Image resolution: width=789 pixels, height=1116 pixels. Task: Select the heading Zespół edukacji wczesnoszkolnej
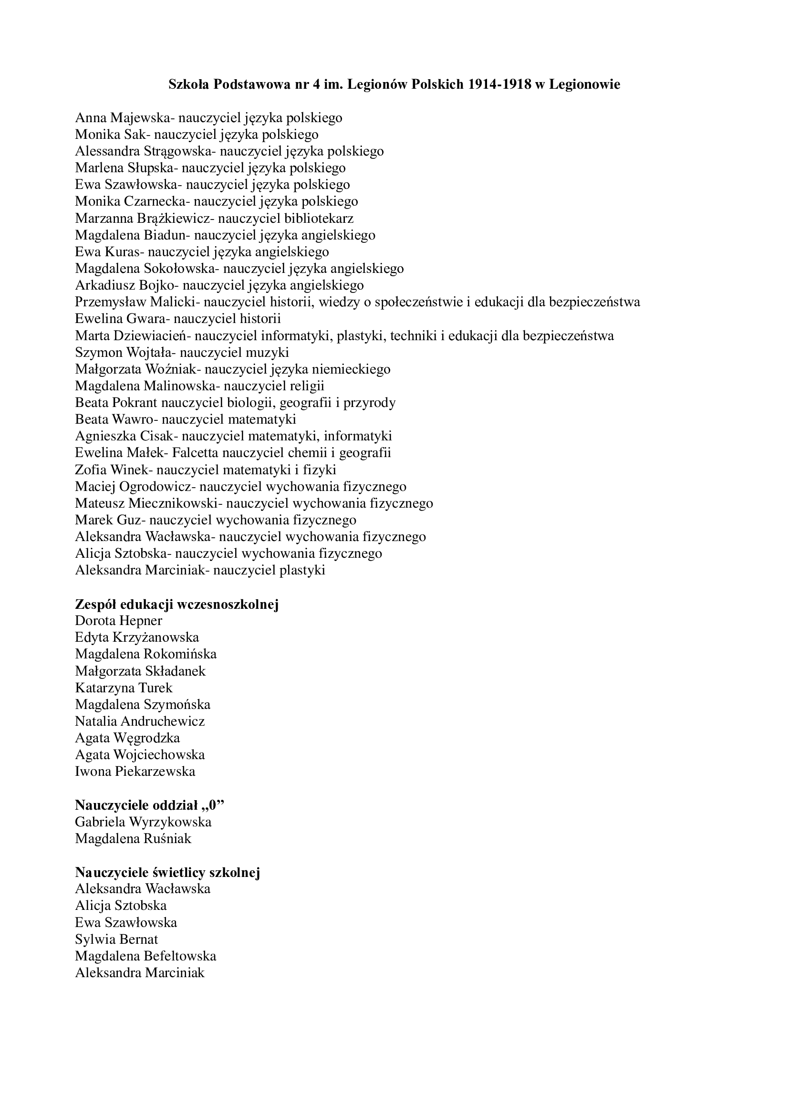(177, 604)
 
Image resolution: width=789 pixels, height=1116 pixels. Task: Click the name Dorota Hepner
(119, 621)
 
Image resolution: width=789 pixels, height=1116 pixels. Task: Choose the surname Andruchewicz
(160, 721)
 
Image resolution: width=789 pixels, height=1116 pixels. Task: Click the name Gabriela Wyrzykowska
(143, 822)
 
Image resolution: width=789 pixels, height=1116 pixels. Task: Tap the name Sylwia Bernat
(116, 939)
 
